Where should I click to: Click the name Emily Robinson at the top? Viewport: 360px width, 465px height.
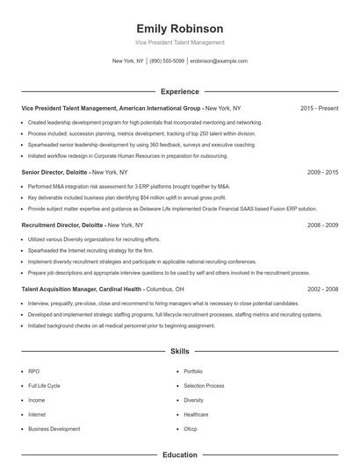pyautogui.click(x=180, y=28)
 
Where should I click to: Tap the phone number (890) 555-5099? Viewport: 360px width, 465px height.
pyautogui.click(x=167, y=61)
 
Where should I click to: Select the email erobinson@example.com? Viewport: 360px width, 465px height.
pyautogui.click(x=219, y=61)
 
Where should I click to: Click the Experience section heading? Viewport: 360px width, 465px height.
pyautogui.click(x=180, y=91)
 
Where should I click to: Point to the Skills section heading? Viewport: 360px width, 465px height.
pyautogui.click(x=180, y=350)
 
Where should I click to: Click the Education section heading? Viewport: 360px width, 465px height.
pyautogui.click(x=180, y=454)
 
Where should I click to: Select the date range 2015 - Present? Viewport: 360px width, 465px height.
pyautogui.click(x=319, y=108)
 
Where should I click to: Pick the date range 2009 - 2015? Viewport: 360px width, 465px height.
pyautogui.click(x=323, y=173)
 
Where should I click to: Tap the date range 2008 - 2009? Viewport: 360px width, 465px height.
pyautogui.click(x=323, y=225)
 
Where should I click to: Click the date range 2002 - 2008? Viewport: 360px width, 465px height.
pyautogui.click(x=323, y=289)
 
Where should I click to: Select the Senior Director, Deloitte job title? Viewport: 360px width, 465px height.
pyautogui.click(x=54, y=173)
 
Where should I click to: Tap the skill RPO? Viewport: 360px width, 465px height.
pyautogui.click(x=33, y=371)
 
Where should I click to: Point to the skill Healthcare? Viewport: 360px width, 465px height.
pyautogui.click(x=196, y=414)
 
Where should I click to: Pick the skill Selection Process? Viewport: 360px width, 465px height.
pyautogui.click(x=204, y=385)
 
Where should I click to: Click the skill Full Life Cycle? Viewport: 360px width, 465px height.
pyautogui.click(x=44, y=385)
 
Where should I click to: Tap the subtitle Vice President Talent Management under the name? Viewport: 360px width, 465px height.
pyautogui.click(x=180, y=42)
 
